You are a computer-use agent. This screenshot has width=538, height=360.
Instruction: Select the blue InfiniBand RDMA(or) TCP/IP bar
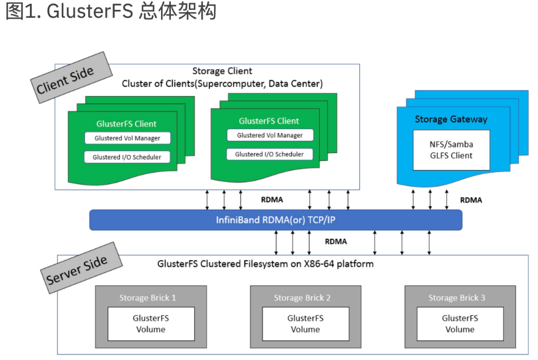pos(275,219)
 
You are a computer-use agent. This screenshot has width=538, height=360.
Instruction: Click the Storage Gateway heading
pos(450,119)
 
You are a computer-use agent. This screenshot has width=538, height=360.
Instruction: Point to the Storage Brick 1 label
pos(148,298)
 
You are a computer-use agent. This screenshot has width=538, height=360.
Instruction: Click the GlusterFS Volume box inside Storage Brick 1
pos(151,324)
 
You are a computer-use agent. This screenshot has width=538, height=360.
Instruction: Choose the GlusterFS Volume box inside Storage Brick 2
pos(305,324)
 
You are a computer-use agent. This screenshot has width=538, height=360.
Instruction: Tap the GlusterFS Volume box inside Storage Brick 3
pos(460,324)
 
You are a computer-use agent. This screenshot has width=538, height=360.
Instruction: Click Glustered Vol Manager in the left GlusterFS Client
pos(127,138)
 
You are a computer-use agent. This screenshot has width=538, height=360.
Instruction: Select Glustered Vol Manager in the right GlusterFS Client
pos(269,135)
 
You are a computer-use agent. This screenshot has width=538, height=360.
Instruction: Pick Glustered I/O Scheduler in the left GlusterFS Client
pos(127,157)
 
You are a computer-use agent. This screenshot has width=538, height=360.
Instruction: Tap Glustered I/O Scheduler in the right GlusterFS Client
pos(269,154)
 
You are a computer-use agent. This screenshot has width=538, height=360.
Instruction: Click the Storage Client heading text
pos(222,71)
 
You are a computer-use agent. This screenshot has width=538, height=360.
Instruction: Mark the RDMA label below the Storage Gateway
pos(471,200)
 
